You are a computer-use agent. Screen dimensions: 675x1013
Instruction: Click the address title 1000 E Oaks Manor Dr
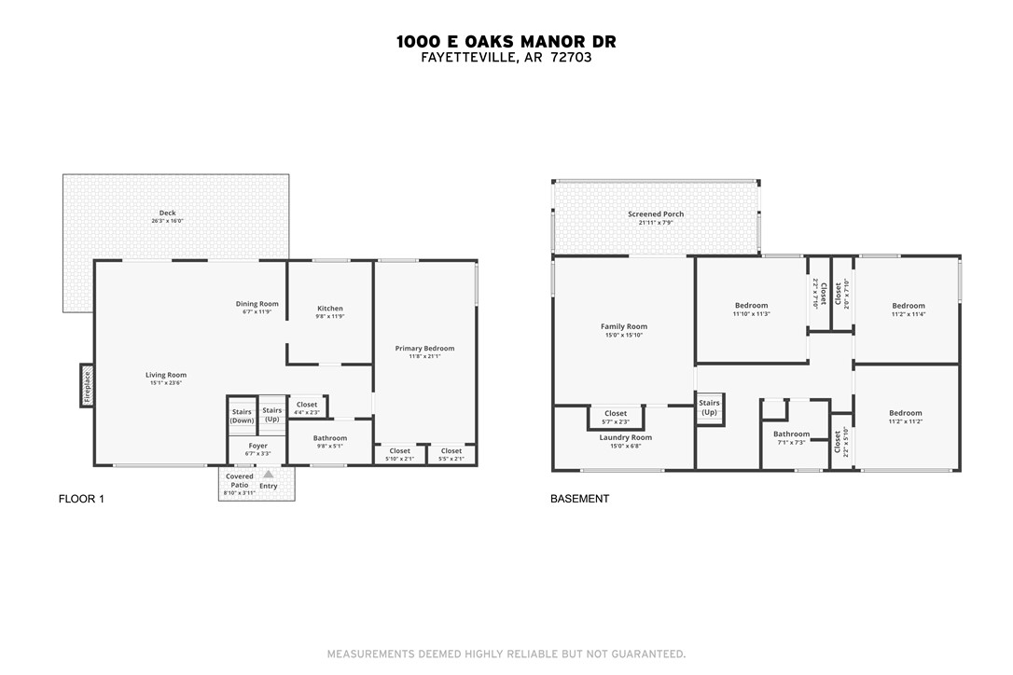pyautogui.click(x=506, y=41)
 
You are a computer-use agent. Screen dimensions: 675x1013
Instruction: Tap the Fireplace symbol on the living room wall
pyautogui.click(x=87, y=385)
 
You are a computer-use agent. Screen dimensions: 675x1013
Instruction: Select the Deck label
pyautogui.click(x=167, y=214)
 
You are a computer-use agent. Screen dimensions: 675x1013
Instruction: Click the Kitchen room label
pyautogui.click(x=330, y=309)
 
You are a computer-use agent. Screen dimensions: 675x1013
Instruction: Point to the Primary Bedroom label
pyautogui.click(x=424, y=348)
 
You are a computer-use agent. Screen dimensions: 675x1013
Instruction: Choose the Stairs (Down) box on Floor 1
pyautogui.click(x=242, y=416)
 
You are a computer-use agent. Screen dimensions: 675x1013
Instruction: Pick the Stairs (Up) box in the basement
pyautogui.click(x=709, y=407)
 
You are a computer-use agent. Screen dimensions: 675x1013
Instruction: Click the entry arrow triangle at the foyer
pyautogui.click(x=269, y=475)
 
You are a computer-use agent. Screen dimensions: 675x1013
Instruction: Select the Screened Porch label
pyautogui.click(x=657, y=214)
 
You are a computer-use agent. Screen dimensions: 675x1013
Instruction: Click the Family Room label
pyautogui.click(x=624, y=326)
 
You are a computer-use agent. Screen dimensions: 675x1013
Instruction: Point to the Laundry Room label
pyautogui.click(x=625, y=437)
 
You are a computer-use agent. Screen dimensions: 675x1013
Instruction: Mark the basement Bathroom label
pyautogui.click(x=791, y=434)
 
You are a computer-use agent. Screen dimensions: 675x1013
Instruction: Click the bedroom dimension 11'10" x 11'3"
pyautogui.click(x=751, y=314)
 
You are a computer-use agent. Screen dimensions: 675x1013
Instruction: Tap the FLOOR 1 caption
pyautogui.click(x=81, y=500)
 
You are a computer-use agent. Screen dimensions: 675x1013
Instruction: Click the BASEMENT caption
pyautogui.click(x=579, y=500)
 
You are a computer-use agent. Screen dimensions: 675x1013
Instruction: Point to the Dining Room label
pyautogui.click(x=257, y=304)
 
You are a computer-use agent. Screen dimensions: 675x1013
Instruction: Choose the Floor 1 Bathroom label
pyautogui.click(x=329, y=438)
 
